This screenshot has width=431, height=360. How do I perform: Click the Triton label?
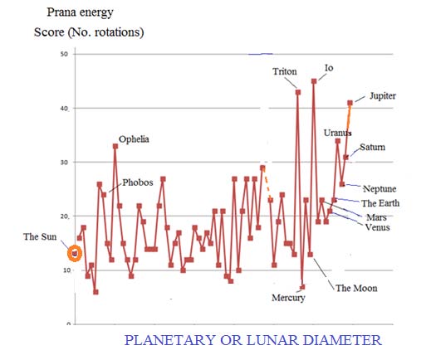point(284,72)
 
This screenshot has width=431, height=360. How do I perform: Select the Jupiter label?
point(383,96)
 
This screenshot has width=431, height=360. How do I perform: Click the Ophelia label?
point(134,139)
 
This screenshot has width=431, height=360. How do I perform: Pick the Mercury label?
point(289,298)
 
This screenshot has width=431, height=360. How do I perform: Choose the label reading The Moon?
point(356,288)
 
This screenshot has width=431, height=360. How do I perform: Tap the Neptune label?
point(379,188)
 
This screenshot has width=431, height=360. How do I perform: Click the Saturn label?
point(373,148)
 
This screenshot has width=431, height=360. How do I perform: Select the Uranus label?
point(338,133)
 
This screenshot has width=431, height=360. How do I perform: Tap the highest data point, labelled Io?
point(314,81)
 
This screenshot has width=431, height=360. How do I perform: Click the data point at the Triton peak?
point(298,92)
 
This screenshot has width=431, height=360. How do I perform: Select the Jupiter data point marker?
point(350,103)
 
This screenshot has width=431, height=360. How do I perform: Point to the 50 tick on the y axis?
point(63,54)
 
